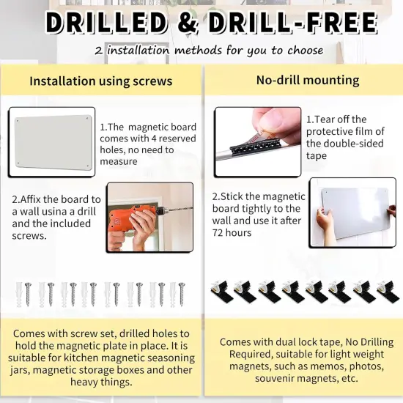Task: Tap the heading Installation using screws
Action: click(101, 81)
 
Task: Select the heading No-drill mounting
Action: click(308, 80)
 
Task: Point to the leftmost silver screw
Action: click(28, 294)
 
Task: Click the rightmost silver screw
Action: click(182, 294)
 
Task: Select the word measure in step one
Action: click(119, 162)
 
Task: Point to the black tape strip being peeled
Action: click(254, 147)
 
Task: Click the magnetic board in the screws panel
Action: click(53, 142)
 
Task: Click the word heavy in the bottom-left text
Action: click(84, 382)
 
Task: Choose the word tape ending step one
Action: click(317, 156)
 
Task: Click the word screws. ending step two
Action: click(29, 236)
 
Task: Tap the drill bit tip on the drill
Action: click(191, 208)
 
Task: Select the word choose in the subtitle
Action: click(306, 51)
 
